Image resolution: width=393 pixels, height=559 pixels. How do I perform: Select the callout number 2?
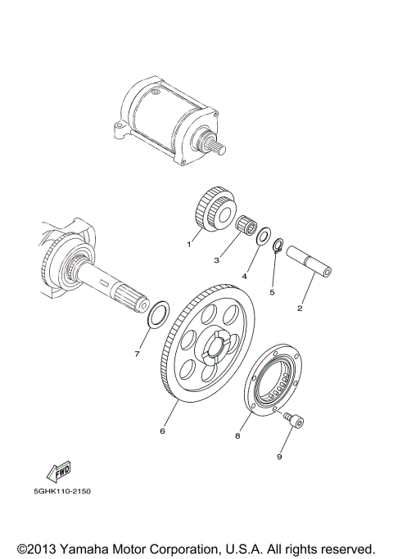click(x=299, y=309)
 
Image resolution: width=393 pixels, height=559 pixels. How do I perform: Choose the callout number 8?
click(x=237, y=436)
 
